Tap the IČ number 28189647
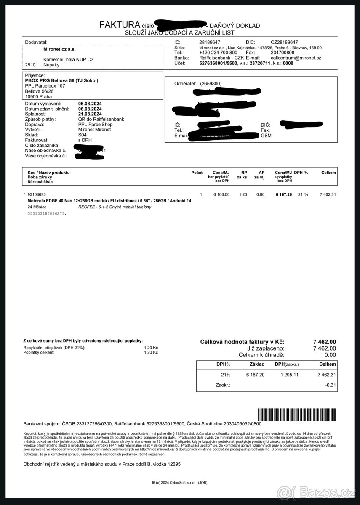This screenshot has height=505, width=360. click(209, 43)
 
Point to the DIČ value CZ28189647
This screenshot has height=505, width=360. click(284, 43)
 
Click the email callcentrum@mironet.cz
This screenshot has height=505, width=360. click(296, 58)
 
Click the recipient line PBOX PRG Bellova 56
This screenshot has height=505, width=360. click(61, 80)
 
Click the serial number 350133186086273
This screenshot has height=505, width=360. click(47, 213)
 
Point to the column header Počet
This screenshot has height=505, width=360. click(197, 173)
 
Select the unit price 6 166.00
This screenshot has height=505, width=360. click(221, 194)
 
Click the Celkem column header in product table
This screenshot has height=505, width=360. click(328, 173)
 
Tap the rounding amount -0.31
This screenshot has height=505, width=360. click(330, 385)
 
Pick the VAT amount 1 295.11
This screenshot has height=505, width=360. click(290, 375)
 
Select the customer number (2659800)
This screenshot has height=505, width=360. click(211, 84)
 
